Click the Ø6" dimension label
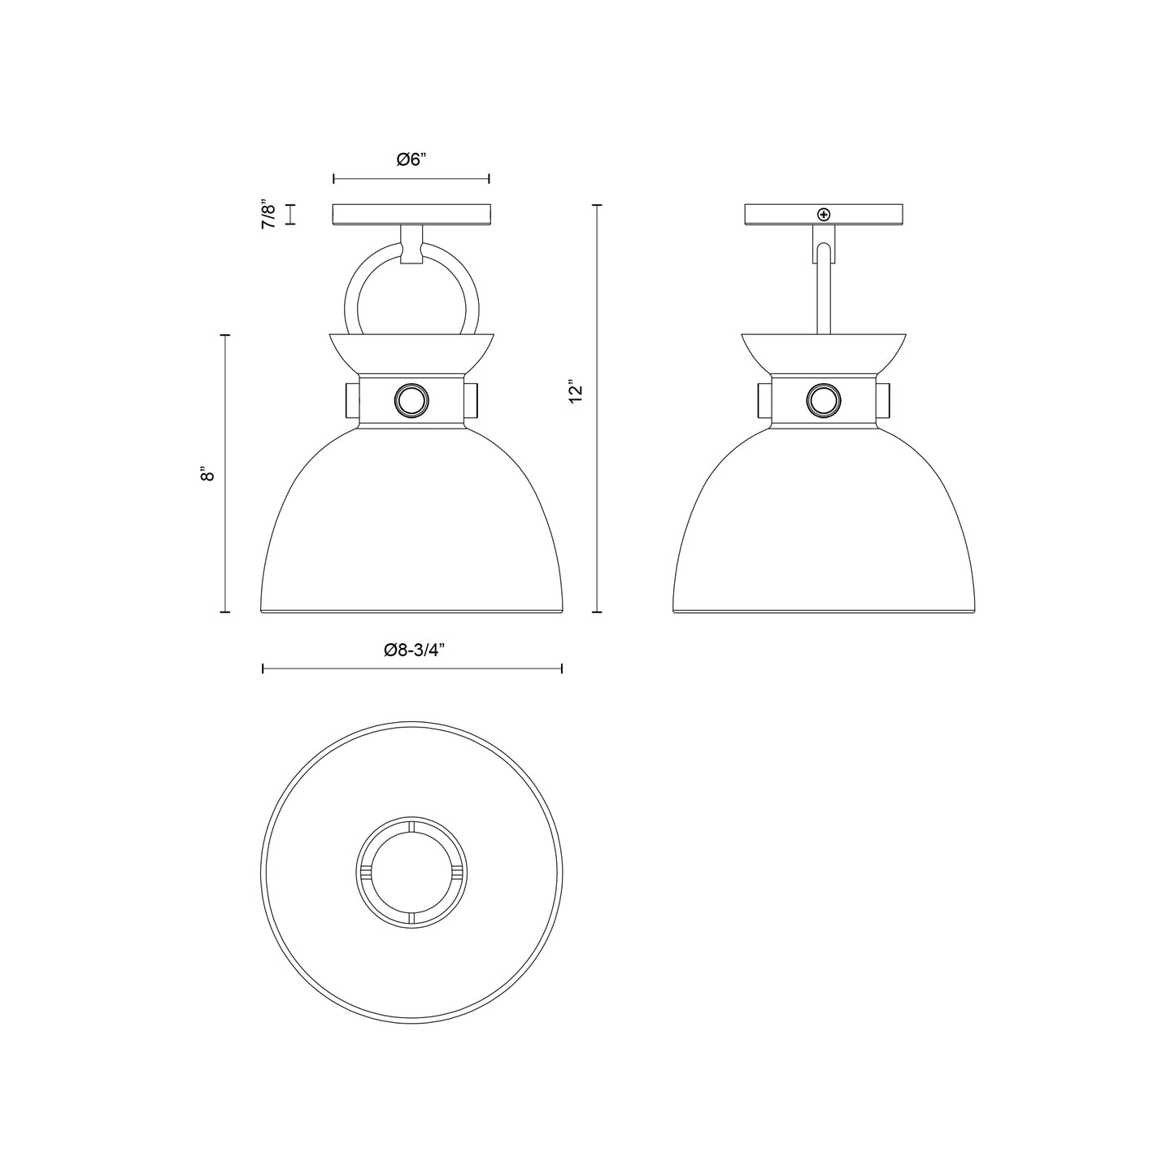pos(411,160)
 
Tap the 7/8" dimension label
pos(269,214)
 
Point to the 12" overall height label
pos(577,392)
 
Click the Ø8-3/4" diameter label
pos(411,650)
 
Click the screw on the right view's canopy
pos(825,215)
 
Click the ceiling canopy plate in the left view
pos(411,215)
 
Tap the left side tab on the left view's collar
pos(351,401)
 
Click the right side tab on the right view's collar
pos(884,401)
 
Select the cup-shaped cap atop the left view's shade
pos(411,353)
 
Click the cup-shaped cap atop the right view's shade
pos(824,353)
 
